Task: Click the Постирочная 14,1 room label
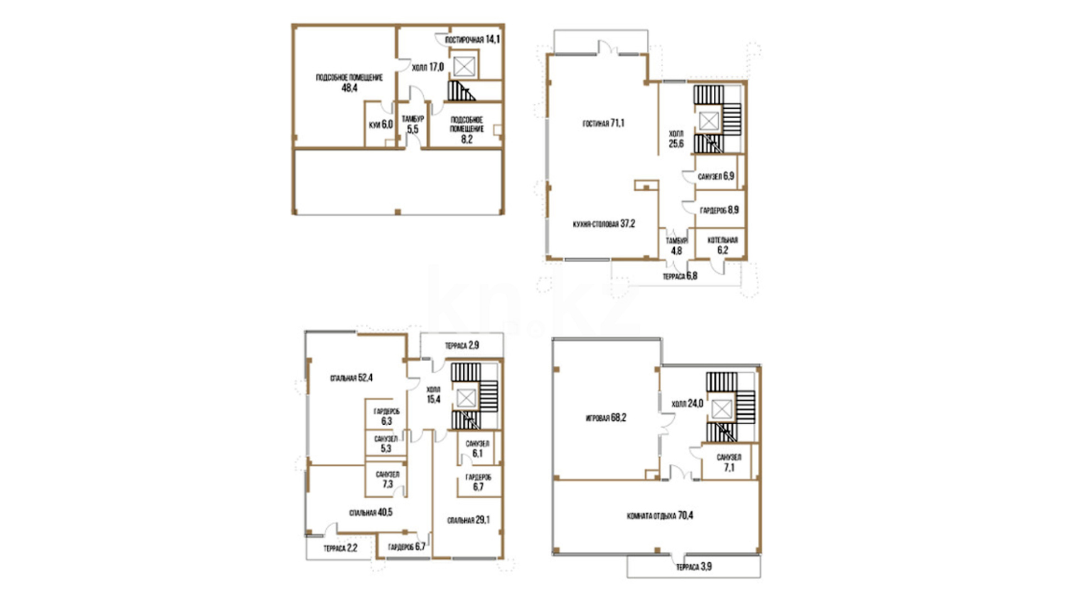pos(473,40)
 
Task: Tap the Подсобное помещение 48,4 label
pos(349,82)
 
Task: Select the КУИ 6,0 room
pos(381,125)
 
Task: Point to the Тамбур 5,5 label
pos(413,124)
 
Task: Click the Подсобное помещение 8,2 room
pos(467,129)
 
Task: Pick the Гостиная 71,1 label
pos(604,123)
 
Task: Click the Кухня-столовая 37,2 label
pos(604,224)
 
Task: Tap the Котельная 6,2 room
pos(723,245)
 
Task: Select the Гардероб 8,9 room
pos(719,210)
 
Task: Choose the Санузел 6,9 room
pos(716,176)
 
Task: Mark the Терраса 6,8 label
pos(680,276)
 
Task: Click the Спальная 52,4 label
pos(351,378)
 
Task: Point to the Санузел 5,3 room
pos(386,444)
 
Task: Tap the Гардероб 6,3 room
pos(386,416)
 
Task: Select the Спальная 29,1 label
pos(468,520)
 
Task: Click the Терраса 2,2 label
pos(340,548)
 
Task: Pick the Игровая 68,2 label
pos(606,417)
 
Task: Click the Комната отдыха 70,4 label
pos(660,516)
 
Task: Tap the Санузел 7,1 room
pos(729,463)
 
